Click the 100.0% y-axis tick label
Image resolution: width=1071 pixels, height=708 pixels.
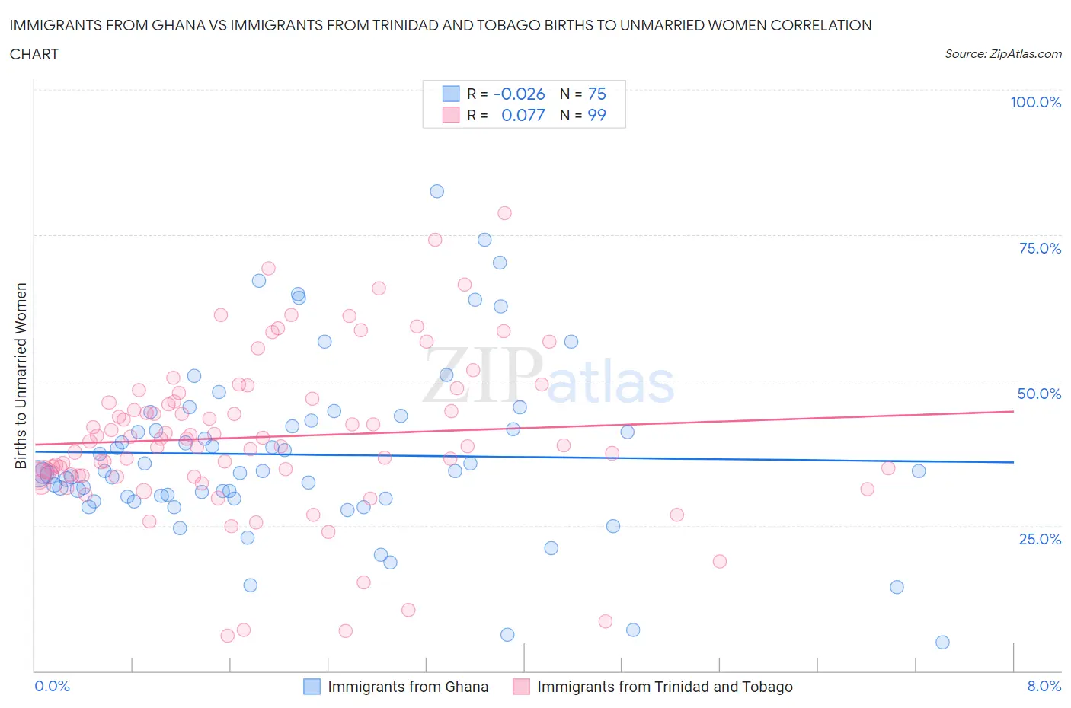click(1035, 102)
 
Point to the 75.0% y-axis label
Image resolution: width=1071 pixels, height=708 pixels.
click(1040, 248)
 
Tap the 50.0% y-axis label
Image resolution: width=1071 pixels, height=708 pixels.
click(1039, 394)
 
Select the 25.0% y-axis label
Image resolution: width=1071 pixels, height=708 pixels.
click(1040, 539)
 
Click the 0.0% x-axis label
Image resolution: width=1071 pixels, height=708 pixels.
click(52, 686)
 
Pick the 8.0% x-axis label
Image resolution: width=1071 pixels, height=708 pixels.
click(1044, 686)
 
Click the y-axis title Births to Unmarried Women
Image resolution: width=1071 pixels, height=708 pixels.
click(21, 376)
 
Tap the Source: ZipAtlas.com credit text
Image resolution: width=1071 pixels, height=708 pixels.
click(1002, 53)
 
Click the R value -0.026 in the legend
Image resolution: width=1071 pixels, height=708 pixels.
click(520, 94)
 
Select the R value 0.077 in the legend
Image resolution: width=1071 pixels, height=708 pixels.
click(523, 115)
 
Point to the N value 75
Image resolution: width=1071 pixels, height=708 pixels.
click(596, 94)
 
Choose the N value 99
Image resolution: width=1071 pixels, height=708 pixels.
click(596, 115)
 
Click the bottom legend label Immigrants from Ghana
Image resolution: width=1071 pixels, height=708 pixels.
click(408, 687)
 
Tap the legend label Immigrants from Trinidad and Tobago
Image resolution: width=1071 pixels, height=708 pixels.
click(664, 687)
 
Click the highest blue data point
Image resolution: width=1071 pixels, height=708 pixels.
click(436, 191)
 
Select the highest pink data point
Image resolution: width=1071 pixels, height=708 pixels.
click(504, 213)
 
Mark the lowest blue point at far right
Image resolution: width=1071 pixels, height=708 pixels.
click(942, 642)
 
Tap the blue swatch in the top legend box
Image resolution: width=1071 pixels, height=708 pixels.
click(451, 94)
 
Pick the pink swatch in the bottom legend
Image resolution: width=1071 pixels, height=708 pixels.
click(521, 687)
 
